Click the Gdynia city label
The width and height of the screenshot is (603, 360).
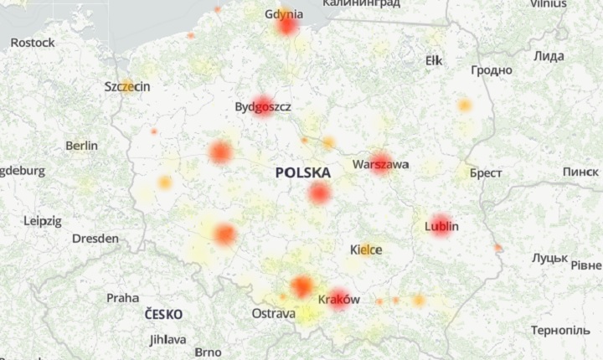(284, 14)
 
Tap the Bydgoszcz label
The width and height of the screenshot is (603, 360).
(263, 107)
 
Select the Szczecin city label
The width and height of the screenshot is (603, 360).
(127, 87)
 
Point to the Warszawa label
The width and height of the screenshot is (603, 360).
(381, 165)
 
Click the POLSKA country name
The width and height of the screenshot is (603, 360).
(302, 172)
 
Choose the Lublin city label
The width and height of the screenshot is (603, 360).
(441, 226)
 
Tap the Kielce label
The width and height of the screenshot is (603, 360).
(366, 250)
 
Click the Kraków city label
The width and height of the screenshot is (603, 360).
(339, 299)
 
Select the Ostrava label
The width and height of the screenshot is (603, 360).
(273, 314)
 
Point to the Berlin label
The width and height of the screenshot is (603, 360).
(81, 146)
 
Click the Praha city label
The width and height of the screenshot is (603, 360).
(122, 297)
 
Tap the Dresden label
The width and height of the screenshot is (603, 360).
(95, 239)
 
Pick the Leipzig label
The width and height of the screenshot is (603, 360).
(43, 221)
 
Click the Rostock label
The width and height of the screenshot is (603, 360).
(33, 42)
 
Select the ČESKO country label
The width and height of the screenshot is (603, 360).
(163, 314)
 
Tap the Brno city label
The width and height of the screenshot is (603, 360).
(208, 352)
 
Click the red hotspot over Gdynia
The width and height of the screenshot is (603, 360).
(287, 25)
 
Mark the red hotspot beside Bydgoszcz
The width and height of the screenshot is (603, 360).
(263, 106)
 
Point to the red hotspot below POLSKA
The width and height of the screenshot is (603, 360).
(319, 193)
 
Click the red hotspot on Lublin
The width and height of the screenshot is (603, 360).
(441, 225)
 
